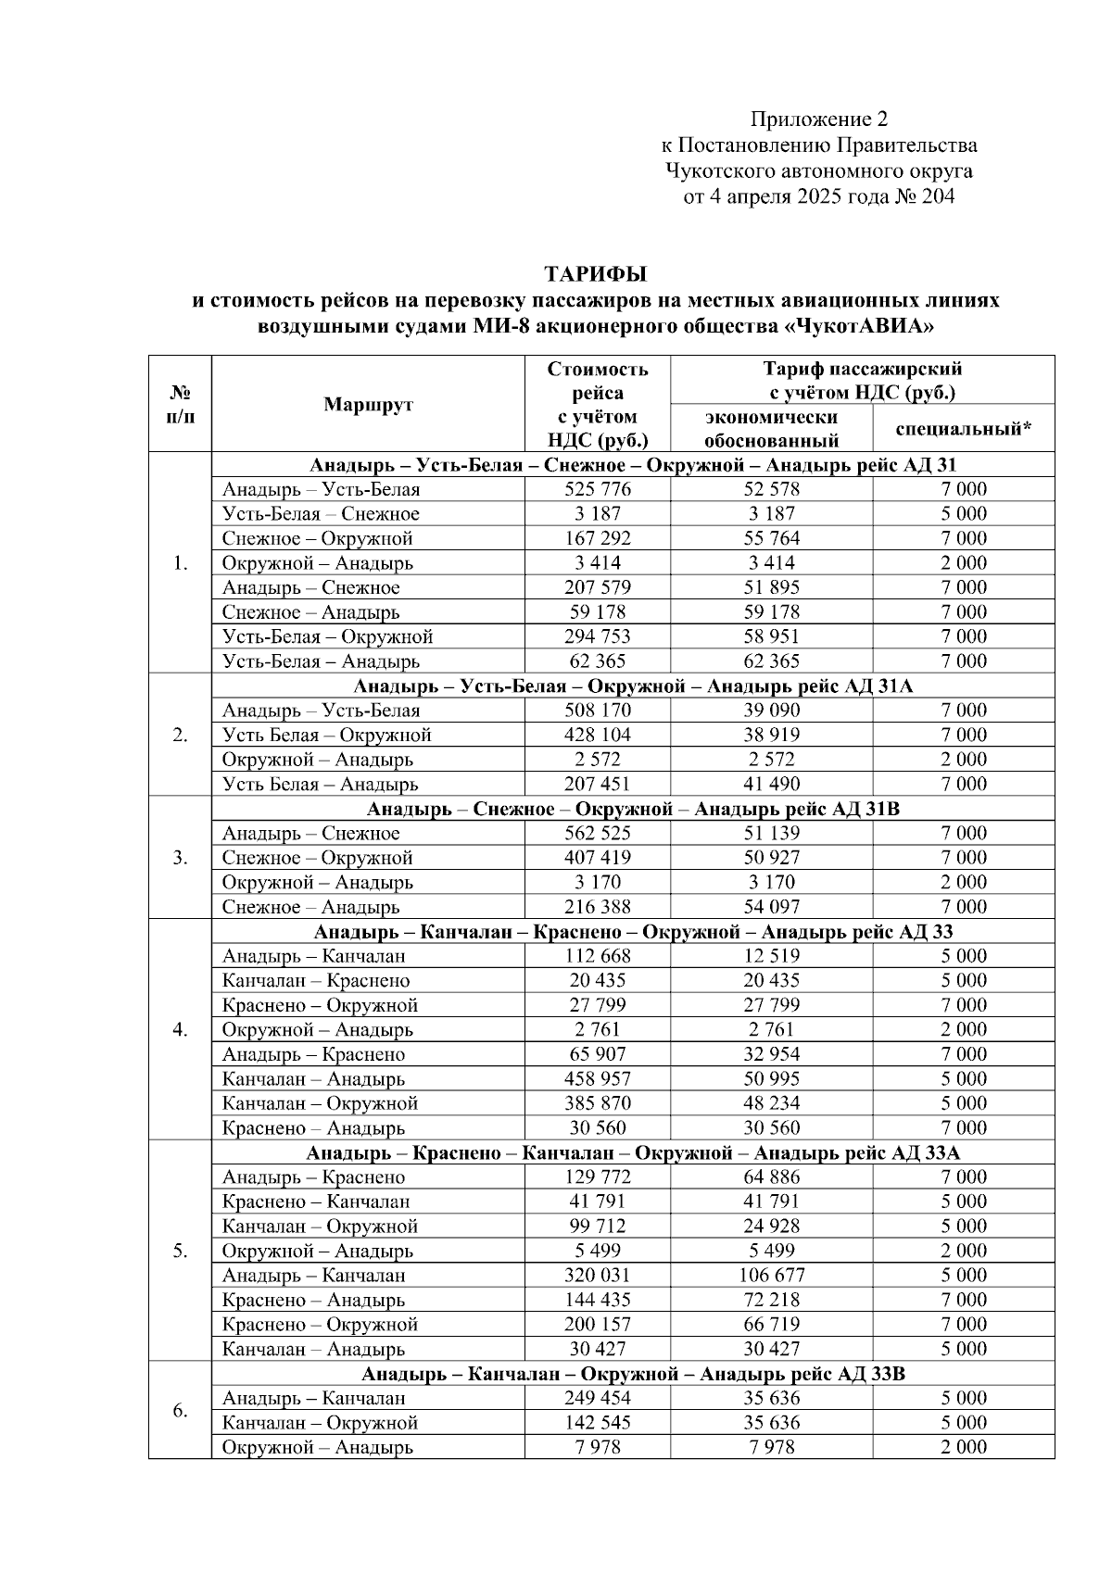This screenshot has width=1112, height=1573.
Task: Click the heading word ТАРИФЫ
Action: (594, 274)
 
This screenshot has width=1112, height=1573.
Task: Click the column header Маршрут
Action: (368, 405)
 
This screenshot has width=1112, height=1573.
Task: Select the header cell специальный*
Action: (963, 428)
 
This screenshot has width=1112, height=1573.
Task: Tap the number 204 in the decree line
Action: (938, 196)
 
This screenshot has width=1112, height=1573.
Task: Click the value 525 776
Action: (597, 489)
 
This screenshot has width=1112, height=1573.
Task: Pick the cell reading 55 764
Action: (771, 538)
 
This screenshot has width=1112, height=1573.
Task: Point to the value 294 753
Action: (597, 636)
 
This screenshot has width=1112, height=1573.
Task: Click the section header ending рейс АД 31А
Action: (633, 686)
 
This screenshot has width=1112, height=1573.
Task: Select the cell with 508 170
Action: (597, 711)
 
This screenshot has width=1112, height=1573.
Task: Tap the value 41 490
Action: (771, 784)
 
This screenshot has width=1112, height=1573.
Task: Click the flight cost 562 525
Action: (597, 833)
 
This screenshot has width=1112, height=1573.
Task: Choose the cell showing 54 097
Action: (771, 907)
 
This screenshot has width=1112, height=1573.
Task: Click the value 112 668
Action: (597, 956)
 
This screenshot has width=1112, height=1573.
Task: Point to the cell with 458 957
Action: (597, 1078)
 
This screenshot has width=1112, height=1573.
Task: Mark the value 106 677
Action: (771, 1275)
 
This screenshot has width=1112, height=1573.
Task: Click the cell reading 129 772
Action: (597, 1177)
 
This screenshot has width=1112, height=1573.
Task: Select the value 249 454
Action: (597, 1398)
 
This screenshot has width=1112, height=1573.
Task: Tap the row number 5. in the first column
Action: (180, 1251)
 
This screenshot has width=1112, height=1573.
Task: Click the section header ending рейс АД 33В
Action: (633, 1374)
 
